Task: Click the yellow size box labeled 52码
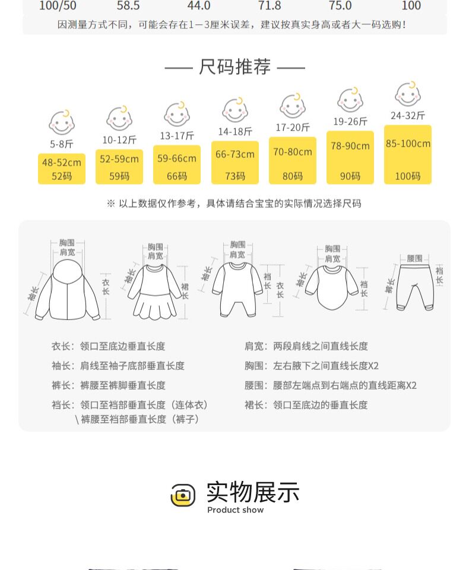pyautogui.click(x=62, y=169)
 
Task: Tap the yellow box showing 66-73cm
pyautogui.click(x=235, y=162)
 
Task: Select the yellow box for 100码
pyautogui.click(x=408, y=154)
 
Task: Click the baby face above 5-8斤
pyautogui.click(x=61, y=122)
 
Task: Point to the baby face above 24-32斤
pyautogui.click(x=408, y=94)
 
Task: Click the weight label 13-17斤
pyautogui.click(x=177, y=135)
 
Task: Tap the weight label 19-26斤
pyautogui.click(x=350, y=121)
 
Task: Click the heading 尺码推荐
pyautogui.click(x=235, y=67)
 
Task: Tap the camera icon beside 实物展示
pyautogui.click(x=183, y=495)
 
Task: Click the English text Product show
pyautogui.click(x=236, y=510)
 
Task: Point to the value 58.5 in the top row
pyautogui.click(x=128, y=6)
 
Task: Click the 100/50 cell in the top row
pyautogui.click(x=58, y=6)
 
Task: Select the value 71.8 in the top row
pyautogui.click(x=270, y=6)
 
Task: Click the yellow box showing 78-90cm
pyautogui.click(x=350, y=157)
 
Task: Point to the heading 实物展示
pyautogui.click(x=253, y=492)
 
